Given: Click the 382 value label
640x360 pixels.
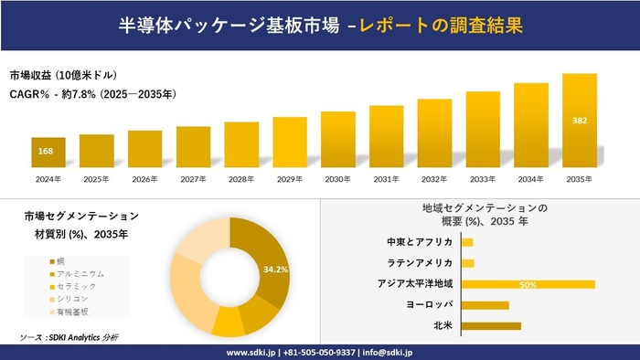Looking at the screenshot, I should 580,120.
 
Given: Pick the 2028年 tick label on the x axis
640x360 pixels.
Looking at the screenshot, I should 241,179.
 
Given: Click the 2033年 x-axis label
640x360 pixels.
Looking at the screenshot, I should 483,179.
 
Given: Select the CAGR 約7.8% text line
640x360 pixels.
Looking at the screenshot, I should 92,94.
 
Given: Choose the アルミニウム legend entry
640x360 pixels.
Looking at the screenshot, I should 80,273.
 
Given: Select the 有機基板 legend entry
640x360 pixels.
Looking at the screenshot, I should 74,312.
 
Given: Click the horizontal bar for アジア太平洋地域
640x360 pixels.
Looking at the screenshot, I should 528,284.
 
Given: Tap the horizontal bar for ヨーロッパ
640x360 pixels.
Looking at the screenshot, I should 485,304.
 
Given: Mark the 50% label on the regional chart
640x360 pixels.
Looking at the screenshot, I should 528,284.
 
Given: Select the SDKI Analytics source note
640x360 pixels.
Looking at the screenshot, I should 69,337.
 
